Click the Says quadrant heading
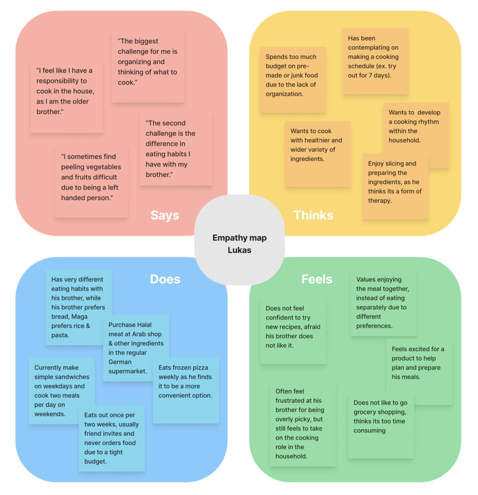tap(165, 215)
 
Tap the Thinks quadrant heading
tap(313, 215)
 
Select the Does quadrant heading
tap(165, 279)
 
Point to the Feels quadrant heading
tap(317, 279)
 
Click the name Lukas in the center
tap(239, 250)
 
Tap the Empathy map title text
tap(239, 238)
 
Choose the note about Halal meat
tap(136, 348)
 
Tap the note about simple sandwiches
tap(61, 390)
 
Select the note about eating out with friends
tap(111, 438)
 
